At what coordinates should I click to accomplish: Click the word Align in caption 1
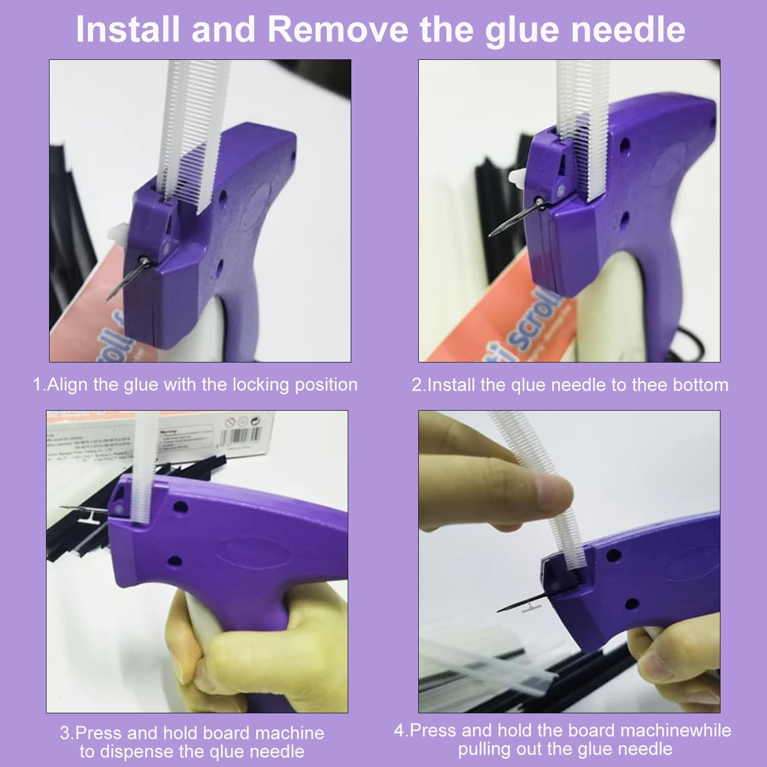(68, 385)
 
